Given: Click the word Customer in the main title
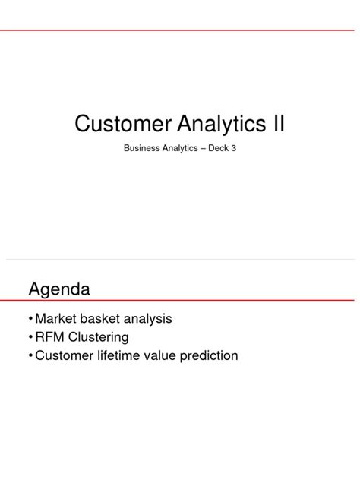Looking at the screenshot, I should click(122, 123).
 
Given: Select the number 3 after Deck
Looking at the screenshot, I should click(245, 149).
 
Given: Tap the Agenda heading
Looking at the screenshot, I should click(59, 289).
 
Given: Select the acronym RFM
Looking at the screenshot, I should click(51, 337).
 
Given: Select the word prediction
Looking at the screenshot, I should click(212, 355).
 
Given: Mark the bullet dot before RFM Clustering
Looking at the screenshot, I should click(30, 337).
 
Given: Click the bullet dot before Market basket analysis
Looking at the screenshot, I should click(30, 319).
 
